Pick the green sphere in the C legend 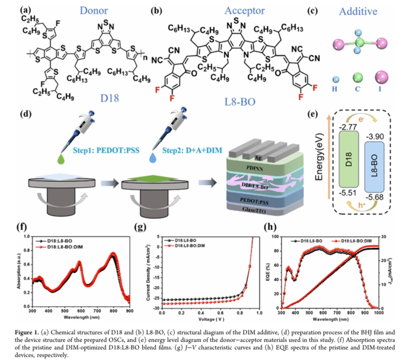359,78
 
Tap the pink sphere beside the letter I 382,78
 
